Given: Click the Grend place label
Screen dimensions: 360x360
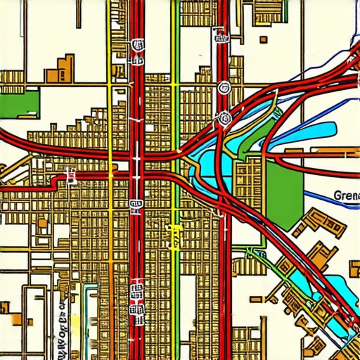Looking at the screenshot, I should coord(346,196).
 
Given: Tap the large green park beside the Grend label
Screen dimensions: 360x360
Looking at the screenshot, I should coord(284,191).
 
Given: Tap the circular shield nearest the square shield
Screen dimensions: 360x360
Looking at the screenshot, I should coord(224,88).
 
